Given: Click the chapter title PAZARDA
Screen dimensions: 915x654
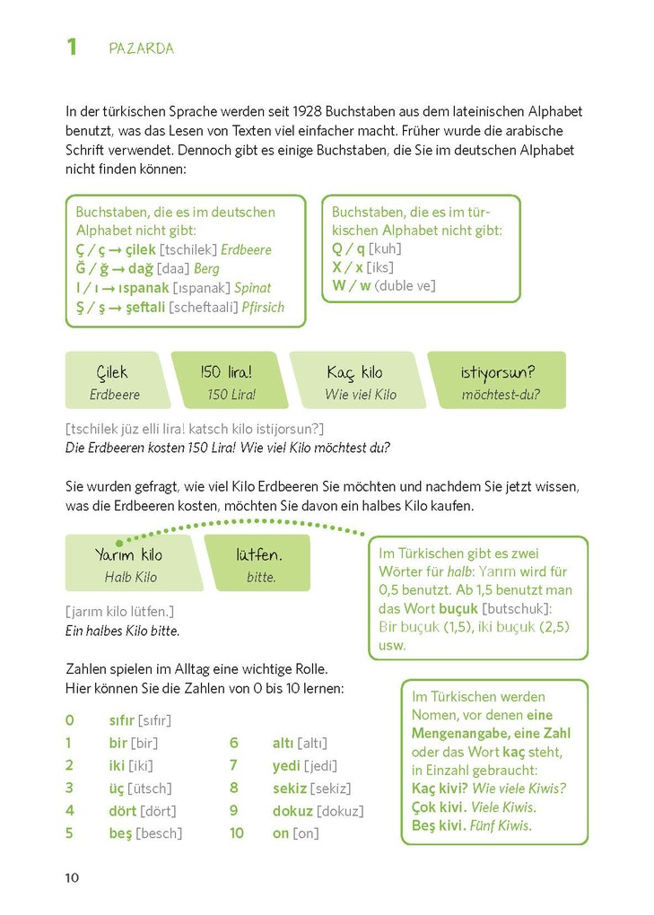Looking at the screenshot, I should (x=141, y=48).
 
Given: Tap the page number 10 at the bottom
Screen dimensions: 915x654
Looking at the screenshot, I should (x=73, y=876).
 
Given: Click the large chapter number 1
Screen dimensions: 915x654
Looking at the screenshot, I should (x=73, y=47).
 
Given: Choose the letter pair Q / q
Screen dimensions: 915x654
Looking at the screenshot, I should (x=348, y=248).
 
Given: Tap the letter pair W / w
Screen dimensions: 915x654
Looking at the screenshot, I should (x=351, y=286).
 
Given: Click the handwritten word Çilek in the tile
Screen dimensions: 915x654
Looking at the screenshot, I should (x=113, y=372).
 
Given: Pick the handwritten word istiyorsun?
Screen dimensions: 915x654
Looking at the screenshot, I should (x=499, y=372).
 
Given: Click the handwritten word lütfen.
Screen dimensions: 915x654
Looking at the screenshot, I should (x=259, y=555).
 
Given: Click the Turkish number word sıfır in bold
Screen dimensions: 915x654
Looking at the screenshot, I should (x=121, y=720).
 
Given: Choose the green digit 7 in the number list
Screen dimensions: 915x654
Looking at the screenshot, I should (x=233, y=765).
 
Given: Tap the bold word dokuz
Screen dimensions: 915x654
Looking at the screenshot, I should (x=292, y=811).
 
